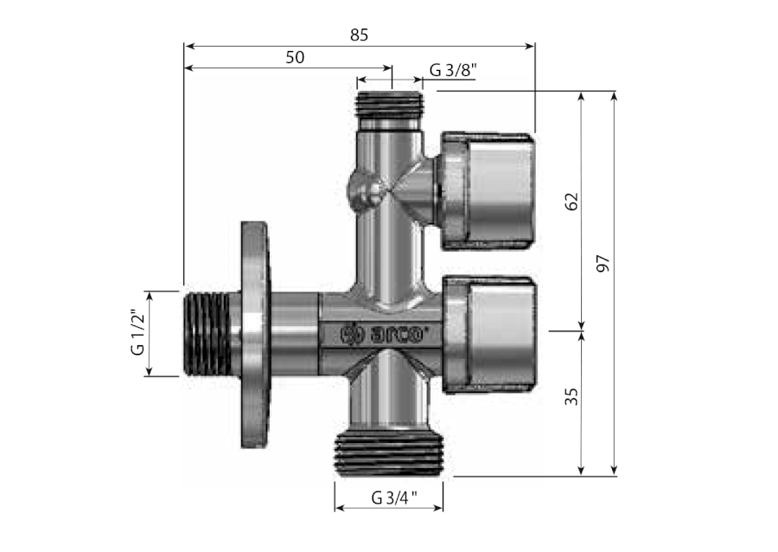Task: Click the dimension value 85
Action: [359, 35]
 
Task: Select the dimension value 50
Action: [295, 57]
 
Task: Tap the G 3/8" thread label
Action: [453, 70]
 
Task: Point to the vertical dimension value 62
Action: [571, 202]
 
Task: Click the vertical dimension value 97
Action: [603, 263]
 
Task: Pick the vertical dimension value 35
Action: [571, 396]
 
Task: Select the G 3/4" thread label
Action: [394, 497]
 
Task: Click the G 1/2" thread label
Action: [137, 332]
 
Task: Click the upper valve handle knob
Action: [488, 190]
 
